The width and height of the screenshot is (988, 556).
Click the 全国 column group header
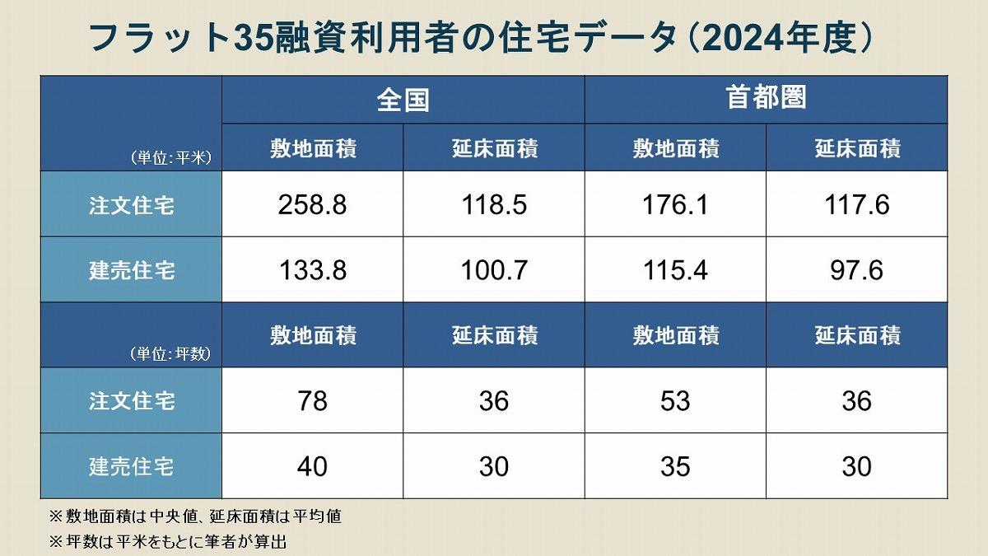coord(403,100)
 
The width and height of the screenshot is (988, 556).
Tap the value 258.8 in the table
coord(313,204)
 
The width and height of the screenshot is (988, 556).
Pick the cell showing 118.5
coord(494,204)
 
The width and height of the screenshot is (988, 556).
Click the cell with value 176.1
coord(675,204)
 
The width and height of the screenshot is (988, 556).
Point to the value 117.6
coord(856,204)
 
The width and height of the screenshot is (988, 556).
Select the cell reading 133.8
coord(313,270)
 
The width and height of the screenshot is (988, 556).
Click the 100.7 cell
coord(494,270)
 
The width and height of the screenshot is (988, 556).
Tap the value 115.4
coord(675,270)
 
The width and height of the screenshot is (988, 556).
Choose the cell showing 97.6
coord(856,270)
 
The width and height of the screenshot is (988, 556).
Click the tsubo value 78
coord(313,401)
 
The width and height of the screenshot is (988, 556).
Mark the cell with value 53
coord(675,401)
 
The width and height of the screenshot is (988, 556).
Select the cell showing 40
coord(313,467)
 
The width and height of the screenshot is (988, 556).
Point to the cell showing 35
coord(675,467)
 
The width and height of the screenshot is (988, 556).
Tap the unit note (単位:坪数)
coord(171,355)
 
